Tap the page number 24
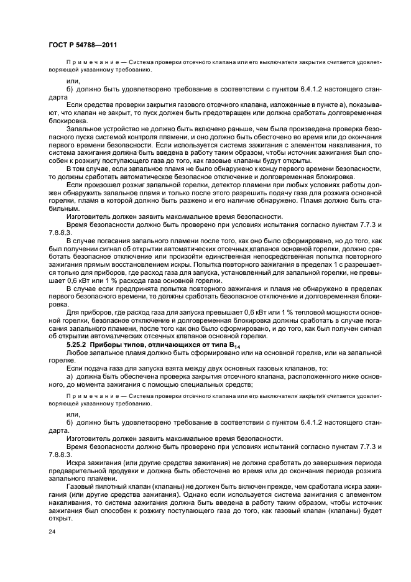[x=52, y=532]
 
